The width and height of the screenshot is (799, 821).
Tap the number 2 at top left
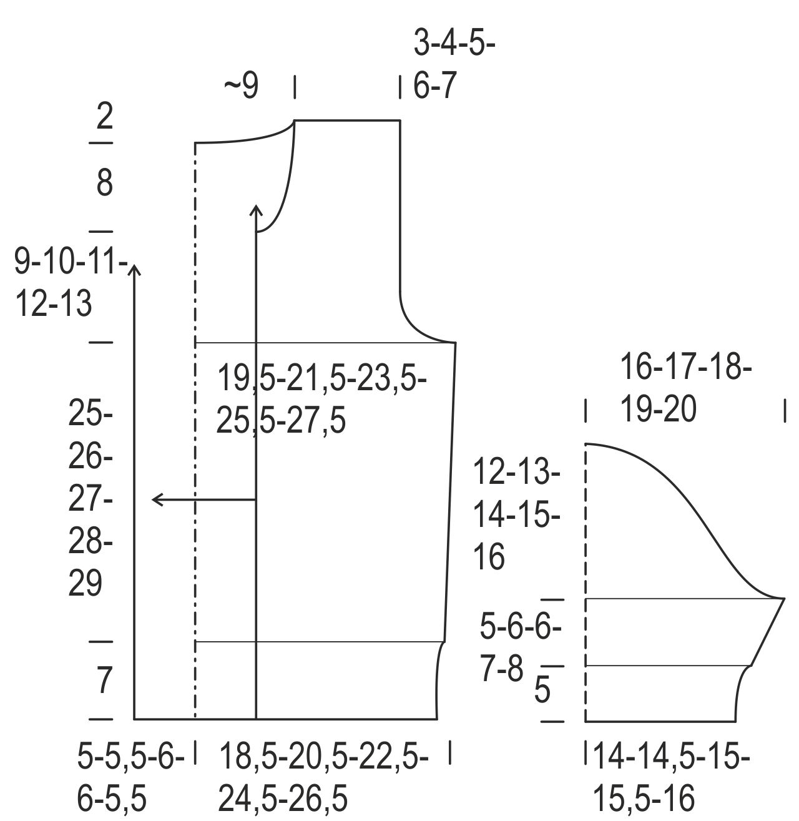pos(105,117)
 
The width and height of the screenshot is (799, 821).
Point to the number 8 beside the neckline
pos(105,184)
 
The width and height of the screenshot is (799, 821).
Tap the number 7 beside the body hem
pos(105,680)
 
